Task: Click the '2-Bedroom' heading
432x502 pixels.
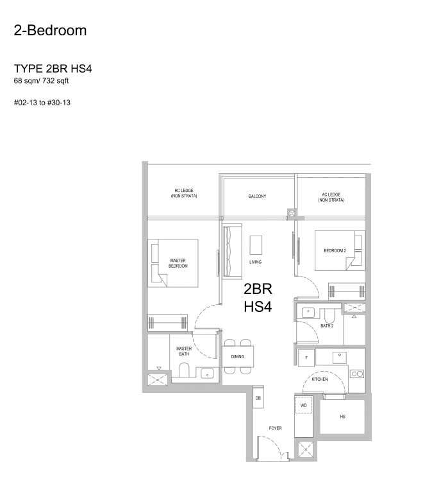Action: coord(50,30)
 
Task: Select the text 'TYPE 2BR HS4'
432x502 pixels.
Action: coord(53,69)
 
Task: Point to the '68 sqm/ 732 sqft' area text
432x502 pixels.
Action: coord(41,81)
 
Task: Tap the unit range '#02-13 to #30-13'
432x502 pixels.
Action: coord(42,103)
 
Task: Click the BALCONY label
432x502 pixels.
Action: coord(258,196)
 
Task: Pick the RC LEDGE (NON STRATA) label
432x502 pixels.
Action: coord(184,193)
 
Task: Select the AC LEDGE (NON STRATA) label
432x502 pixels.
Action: coord(331,197)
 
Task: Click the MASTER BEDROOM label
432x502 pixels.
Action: coord(178,263)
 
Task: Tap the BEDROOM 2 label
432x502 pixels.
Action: coord(335,251)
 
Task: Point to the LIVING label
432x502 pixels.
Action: coord(256,262)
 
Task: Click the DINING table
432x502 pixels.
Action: coord(238,357)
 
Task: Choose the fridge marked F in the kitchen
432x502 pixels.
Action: coord(306,358)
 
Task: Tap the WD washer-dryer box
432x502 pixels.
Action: coord(303,405)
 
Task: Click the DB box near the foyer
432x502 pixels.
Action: coord(258,397)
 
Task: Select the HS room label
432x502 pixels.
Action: coord(342,417)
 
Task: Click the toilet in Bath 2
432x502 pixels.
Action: coord(329,316)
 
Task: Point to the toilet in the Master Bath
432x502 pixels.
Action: coord(184,370)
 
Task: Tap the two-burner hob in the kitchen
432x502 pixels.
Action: coord(357,374)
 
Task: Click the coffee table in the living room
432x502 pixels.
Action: coord(256,245)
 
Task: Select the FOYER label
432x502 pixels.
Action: coord(276,428)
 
